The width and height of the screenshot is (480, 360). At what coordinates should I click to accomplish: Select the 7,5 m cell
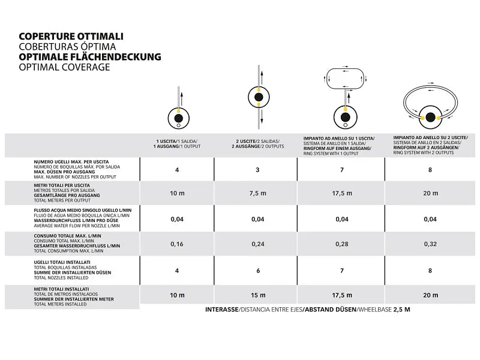tap(257, 193)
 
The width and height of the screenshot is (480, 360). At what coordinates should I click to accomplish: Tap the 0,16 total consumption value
tap(177, 245)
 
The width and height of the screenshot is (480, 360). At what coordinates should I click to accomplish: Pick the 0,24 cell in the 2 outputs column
tap(257, 245)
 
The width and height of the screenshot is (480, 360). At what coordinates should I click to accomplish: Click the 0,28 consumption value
tap(342, 245)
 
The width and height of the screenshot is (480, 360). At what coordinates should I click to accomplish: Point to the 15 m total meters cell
tap(257, 295)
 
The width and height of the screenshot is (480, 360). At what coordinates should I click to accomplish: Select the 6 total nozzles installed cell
tap(257, 271)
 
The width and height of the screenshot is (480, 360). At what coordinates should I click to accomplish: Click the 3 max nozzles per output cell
tap(257, 170)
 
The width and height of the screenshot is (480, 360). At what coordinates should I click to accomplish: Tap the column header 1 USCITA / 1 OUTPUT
tap(177, 145)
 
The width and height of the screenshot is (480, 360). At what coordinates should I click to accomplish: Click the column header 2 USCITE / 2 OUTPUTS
tap(258, 145)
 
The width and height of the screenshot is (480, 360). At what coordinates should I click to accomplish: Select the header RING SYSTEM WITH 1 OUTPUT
tap(340, 145)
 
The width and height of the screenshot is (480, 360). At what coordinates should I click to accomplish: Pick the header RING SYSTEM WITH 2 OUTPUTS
tap(430, 145)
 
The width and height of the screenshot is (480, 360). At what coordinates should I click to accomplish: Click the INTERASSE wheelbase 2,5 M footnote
tap(307, 310)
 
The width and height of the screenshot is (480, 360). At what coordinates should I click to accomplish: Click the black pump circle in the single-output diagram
tap(178, 114)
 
